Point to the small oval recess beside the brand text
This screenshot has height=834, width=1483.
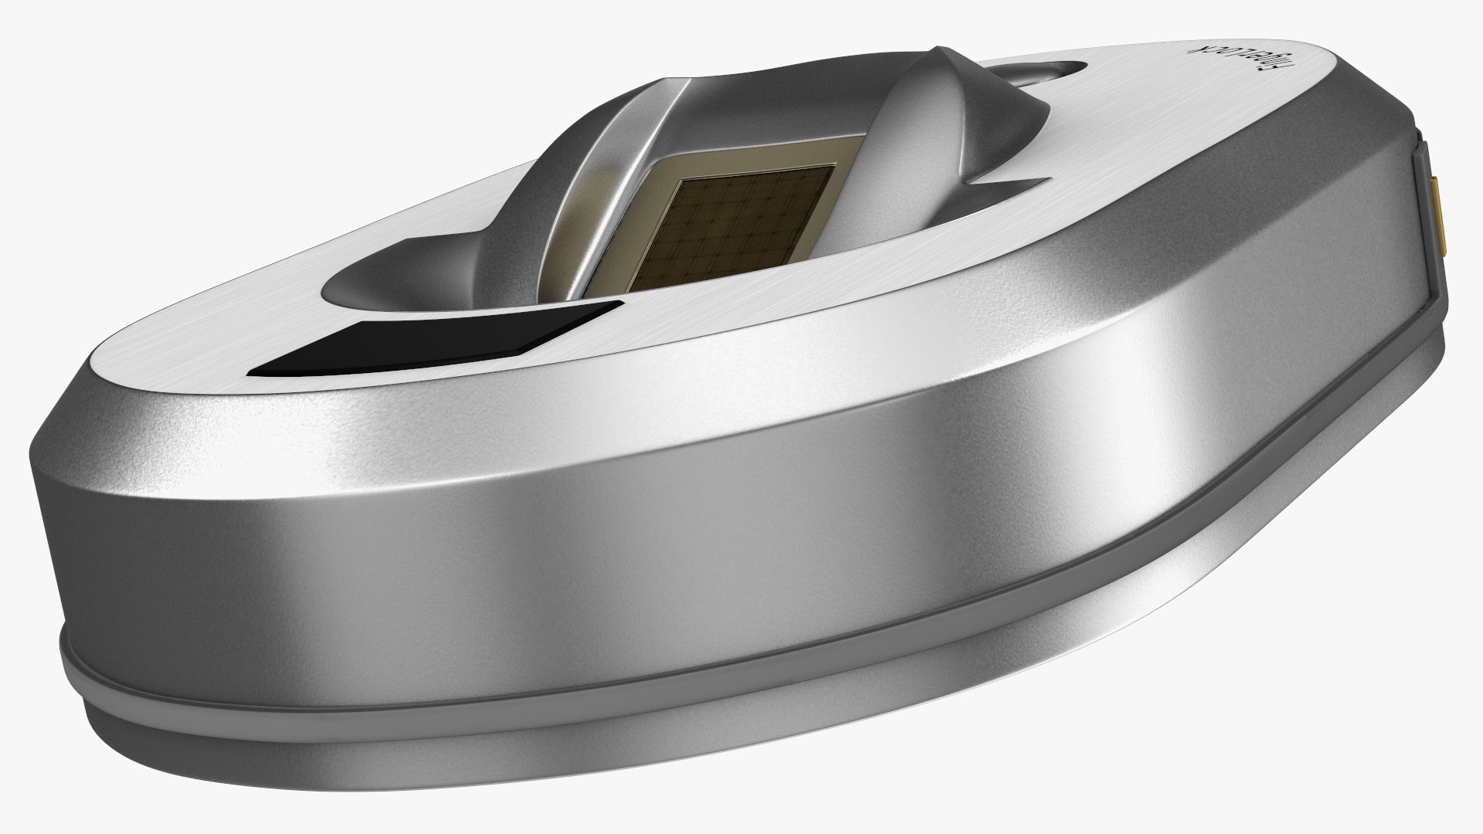(x=1035, y=73)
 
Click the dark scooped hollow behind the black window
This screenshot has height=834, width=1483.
(x=371, y=293)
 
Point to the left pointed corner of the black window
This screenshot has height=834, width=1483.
(x=251, y=372)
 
